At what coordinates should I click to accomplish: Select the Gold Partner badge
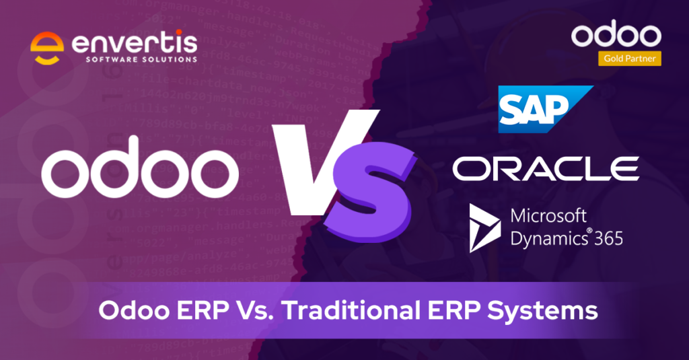629,59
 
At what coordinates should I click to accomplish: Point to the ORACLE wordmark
546,168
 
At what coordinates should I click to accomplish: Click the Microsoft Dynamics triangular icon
484,229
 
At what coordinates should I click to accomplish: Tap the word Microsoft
549,217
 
